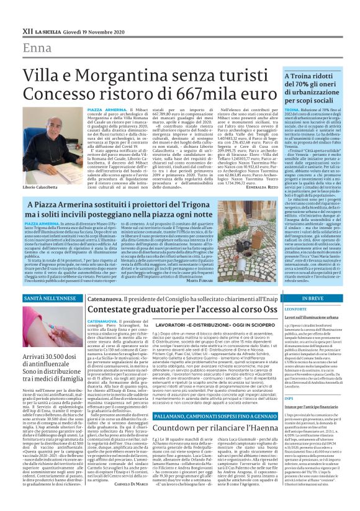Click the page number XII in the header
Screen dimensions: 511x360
click(x=27, y=30)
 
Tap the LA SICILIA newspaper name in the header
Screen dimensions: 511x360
click(x=48, y=30)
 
